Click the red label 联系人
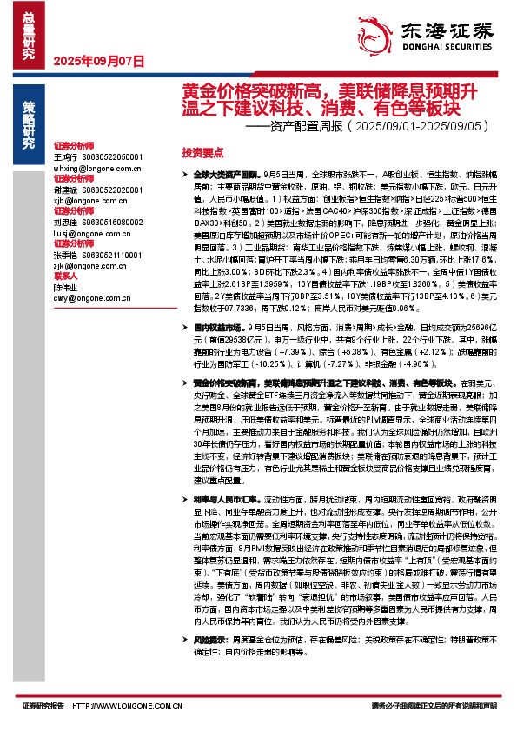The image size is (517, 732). (65, 277)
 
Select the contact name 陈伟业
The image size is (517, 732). (66, 287)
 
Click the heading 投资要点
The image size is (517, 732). (202, 151)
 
